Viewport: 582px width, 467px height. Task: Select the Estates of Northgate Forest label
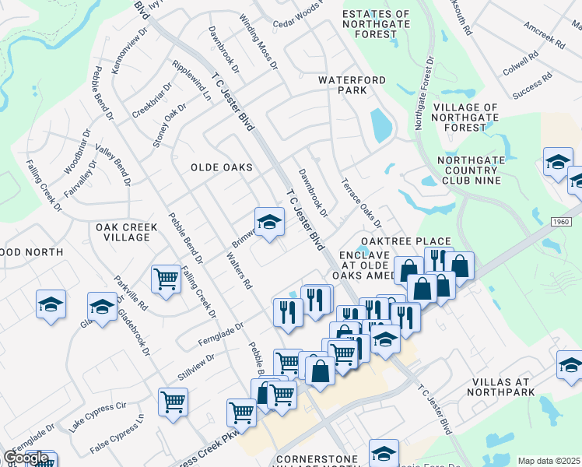[x=376, y=23]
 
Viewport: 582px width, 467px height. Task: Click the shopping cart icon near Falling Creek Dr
[x=167, y=278]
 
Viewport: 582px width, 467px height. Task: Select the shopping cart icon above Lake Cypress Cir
[x=173, y=402]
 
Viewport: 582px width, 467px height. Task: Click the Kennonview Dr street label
[x=124, y=54]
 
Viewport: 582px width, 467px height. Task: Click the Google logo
[x=26, y=458]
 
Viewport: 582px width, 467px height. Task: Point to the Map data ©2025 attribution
[x=549, y=461]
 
